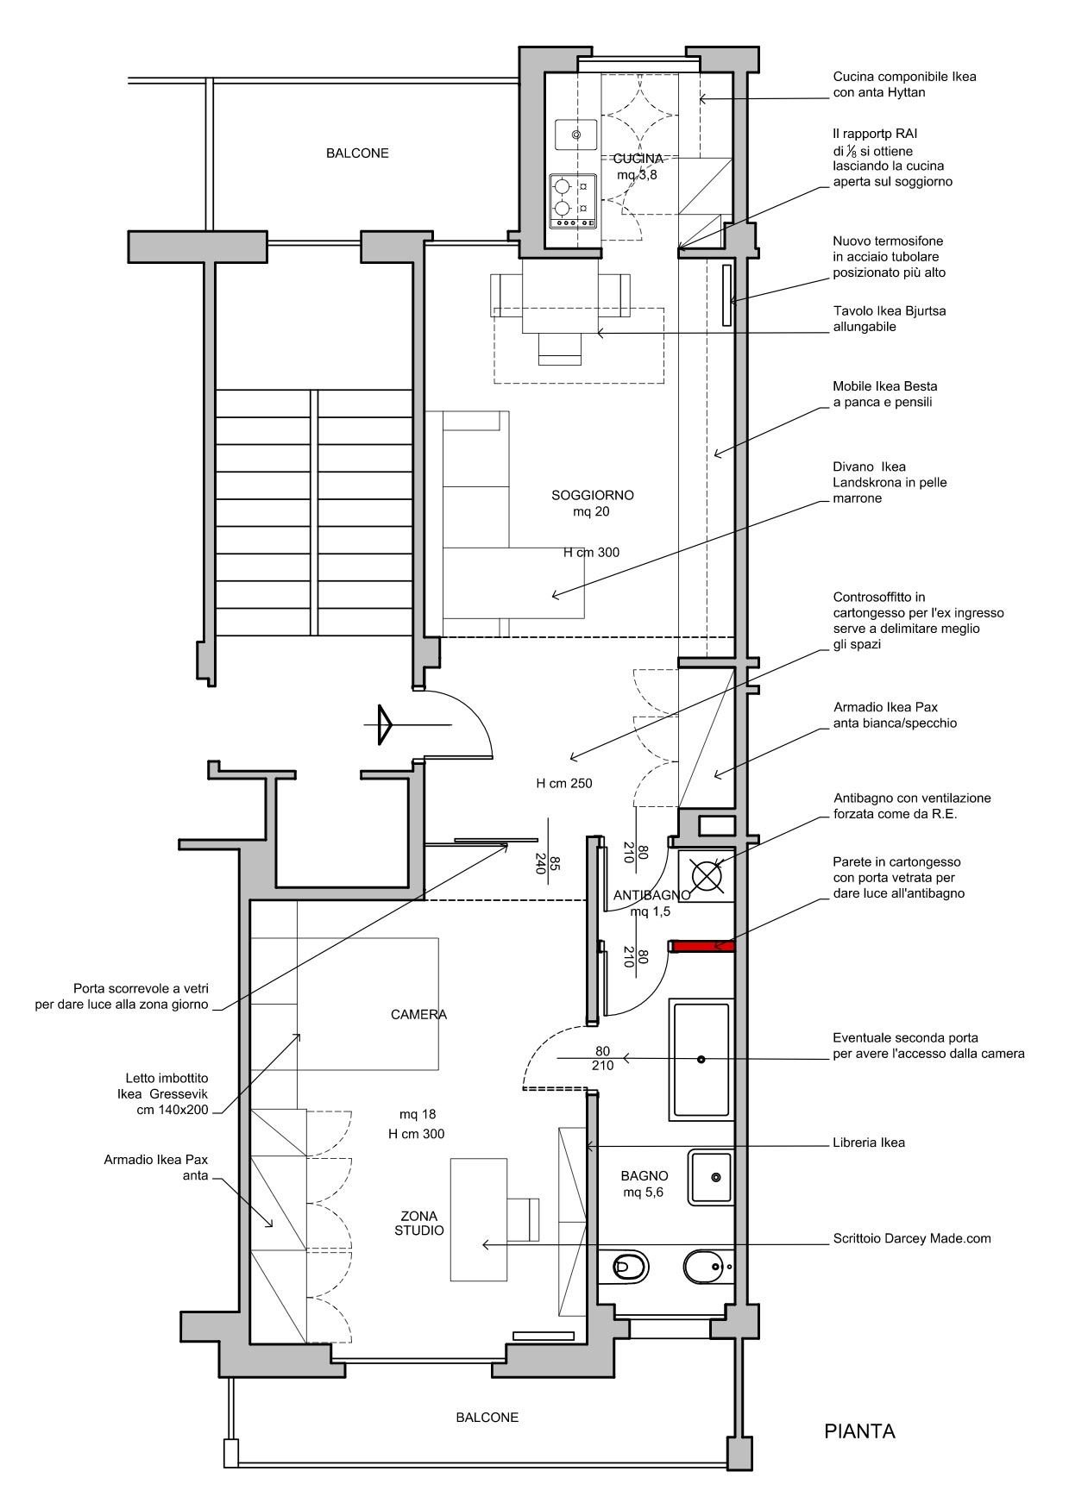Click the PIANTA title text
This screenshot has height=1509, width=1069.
point(859,1431)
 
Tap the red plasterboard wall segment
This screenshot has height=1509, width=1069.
point(703,946)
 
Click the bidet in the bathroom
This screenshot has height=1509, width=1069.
point(707,1267)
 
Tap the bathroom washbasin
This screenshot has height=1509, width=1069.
point(711,1177)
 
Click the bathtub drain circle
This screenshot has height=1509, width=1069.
point(701,1059)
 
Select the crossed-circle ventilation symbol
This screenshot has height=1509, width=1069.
point(707,874)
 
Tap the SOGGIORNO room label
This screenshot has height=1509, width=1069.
point(593,496)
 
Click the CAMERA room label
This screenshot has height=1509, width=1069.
point(418,1015)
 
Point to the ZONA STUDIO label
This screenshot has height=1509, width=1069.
point(419,1223)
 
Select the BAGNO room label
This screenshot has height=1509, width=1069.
point(645,1175)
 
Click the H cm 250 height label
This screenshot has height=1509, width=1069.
point(564,784)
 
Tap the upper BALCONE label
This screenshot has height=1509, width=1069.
point(357,153)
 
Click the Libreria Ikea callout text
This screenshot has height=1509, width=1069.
point(869,1143)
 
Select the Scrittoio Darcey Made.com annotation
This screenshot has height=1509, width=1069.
point(912,1238)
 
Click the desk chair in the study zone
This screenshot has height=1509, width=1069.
point(523,1219)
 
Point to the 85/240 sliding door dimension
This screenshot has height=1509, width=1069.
point(548,864)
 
